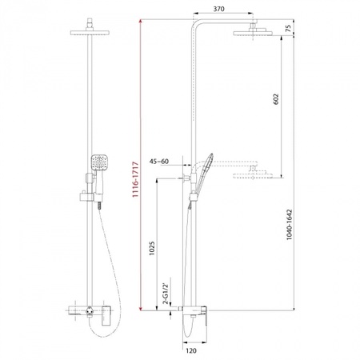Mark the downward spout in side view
[x=188, y=324]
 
